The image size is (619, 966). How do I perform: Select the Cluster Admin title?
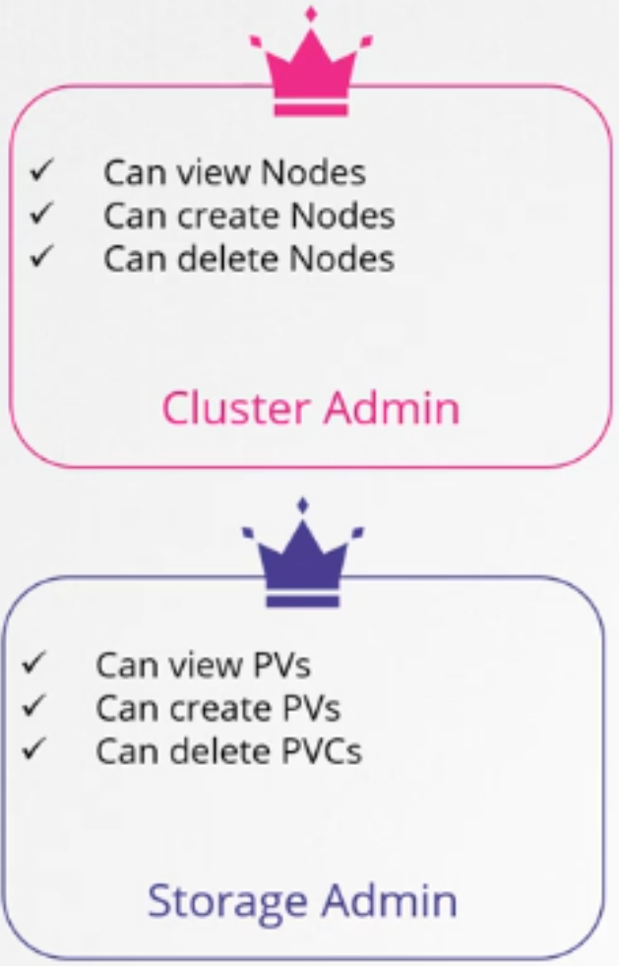pyautogui.click(x=310, y=408)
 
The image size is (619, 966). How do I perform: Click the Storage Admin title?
pyautogui.click(x=302, y=900)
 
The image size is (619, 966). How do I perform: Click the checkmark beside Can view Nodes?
pyautogui.click(x=41, y=170)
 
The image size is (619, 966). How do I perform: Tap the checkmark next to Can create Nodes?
pyautogui.click(x=41, y=213)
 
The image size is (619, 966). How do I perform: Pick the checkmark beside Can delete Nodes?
pyautogui.click(x=41, y=256)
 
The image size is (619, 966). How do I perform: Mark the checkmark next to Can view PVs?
pyautogui.click(x=33, y=663)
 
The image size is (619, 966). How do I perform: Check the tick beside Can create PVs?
pyautogui.click(x=33, y=706)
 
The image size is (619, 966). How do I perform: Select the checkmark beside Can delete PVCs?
pyautogui.click(x=33, y=749)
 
